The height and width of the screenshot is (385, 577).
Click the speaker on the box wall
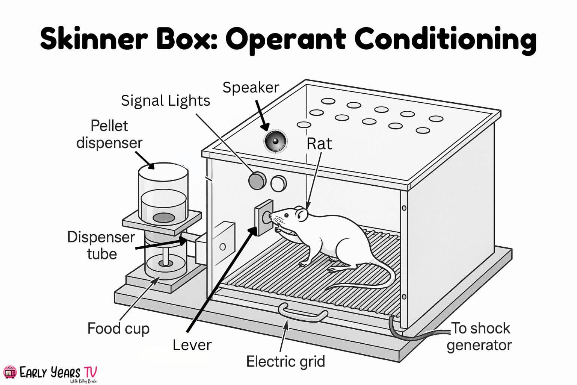[x=275, y=141]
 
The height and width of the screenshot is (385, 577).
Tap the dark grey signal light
[x=257, y=181]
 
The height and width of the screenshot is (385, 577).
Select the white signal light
[x=278, y=183]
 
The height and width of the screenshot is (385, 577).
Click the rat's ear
[x=301, y=214]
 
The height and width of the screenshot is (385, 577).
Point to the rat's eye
[x=286, y=215]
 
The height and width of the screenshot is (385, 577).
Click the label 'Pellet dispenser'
[x=109, y=134]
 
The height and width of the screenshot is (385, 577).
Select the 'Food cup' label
[x=118, y=328]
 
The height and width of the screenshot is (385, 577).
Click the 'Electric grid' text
[x=285, y=361]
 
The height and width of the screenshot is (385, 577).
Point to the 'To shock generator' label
[x=480, y=336]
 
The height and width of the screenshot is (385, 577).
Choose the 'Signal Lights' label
[x=165, y=101]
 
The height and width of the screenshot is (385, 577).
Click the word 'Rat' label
[x=319, y=144]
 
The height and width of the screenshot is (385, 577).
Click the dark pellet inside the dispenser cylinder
[x=164, y=217]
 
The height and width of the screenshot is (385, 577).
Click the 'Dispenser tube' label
[x=101, y=246]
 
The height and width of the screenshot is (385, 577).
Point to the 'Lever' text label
[x=192, y=345]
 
